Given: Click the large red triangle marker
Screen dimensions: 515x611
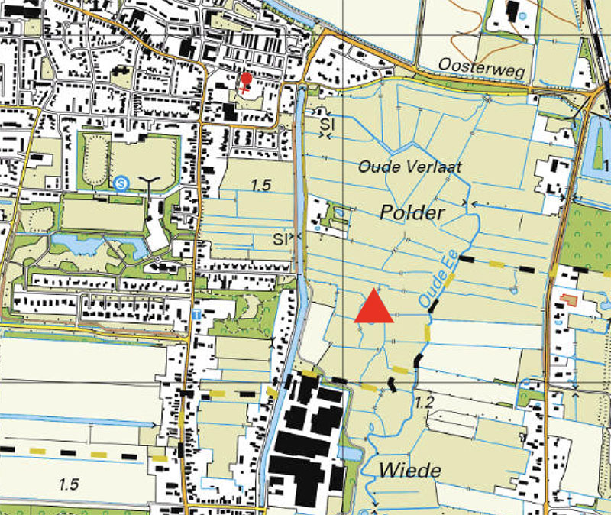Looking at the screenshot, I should coord(374,307).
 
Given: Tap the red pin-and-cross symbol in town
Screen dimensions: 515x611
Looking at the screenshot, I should coord(246,82).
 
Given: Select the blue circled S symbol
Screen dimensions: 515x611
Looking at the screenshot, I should coord(121,183).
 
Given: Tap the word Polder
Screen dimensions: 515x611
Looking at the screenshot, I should coord(411,213).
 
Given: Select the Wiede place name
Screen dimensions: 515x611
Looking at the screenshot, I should coord(409,470).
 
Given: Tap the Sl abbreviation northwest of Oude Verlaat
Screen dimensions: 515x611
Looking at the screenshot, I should coord(328,123).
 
